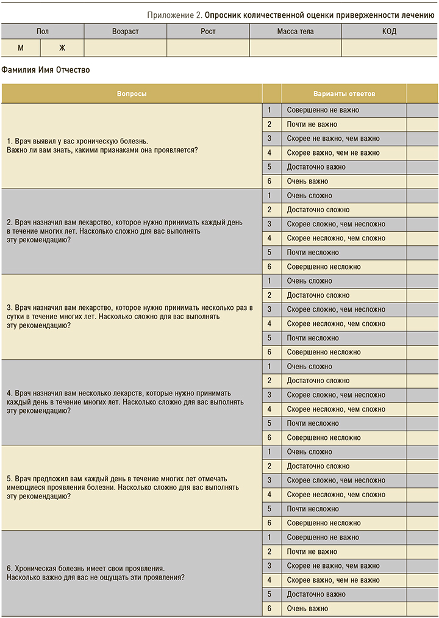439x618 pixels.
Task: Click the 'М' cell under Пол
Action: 21,48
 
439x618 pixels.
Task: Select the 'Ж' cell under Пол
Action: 62,48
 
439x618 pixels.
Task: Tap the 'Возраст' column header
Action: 125,31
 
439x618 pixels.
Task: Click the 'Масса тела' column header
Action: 295,31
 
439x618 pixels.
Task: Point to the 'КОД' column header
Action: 388,31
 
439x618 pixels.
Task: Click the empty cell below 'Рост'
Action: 208,48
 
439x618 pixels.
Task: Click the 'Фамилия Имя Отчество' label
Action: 46,70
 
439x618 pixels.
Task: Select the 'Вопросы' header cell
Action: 132,94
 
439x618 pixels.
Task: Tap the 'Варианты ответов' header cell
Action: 344,94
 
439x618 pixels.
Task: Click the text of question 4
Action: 125,402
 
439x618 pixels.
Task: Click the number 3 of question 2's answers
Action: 269,224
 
